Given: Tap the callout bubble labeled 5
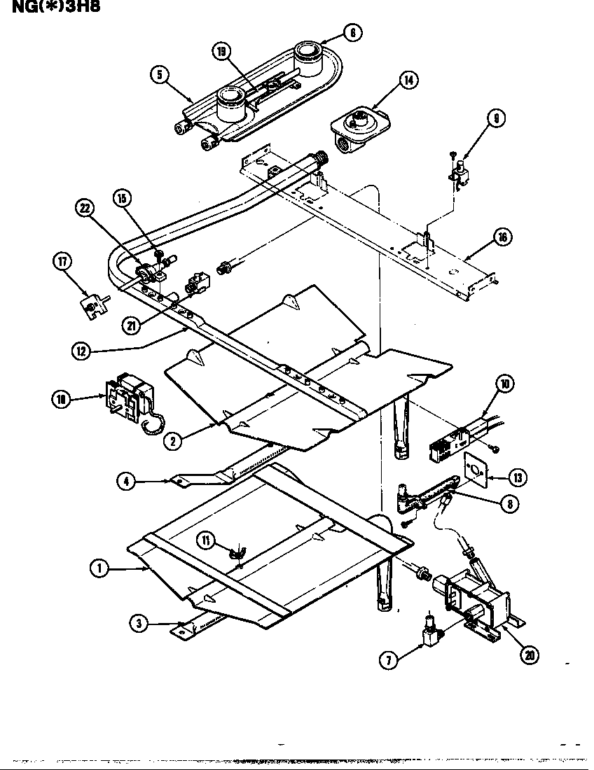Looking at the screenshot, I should click(x=161, y=76).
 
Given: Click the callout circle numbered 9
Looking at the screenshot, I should click(x=496, y=119).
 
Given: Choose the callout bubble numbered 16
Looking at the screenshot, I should click(x=502, y=237).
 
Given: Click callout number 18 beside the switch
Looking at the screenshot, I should click(x=62, y=399).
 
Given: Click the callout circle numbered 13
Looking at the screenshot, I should click(x=518, y=478).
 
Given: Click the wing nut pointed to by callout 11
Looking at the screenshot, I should click(x=237, y=554).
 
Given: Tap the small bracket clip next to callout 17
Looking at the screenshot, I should click(x=93, y=306).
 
